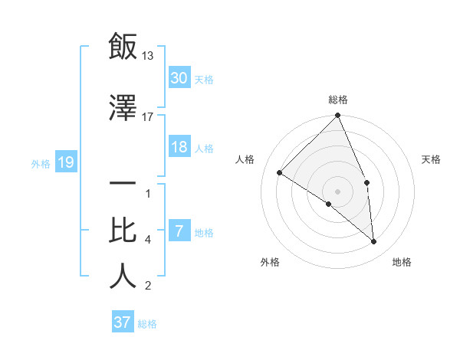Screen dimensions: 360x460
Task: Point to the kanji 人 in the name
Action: point(123,277)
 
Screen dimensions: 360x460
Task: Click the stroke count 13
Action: point(148,55)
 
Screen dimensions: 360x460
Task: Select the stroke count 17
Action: point(148,116)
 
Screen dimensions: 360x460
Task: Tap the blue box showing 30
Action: point(179,77)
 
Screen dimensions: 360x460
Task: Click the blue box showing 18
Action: point(179,147)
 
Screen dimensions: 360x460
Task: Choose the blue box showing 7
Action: point(179,231)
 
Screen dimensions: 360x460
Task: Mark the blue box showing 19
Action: point(65,162)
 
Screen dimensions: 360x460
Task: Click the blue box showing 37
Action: point(122,322)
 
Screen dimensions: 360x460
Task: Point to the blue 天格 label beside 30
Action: point(204,79)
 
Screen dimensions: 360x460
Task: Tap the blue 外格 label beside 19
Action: point(41,163)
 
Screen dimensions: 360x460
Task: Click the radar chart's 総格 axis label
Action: point(337,100)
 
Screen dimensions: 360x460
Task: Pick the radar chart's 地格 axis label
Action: point(402,262)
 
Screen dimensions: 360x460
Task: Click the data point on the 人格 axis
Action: point(280,172)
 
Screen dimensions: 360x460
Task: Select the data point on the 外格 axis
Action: point(329,204)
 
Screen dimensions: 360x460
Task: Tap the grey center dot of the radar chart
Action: point(337,191)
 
